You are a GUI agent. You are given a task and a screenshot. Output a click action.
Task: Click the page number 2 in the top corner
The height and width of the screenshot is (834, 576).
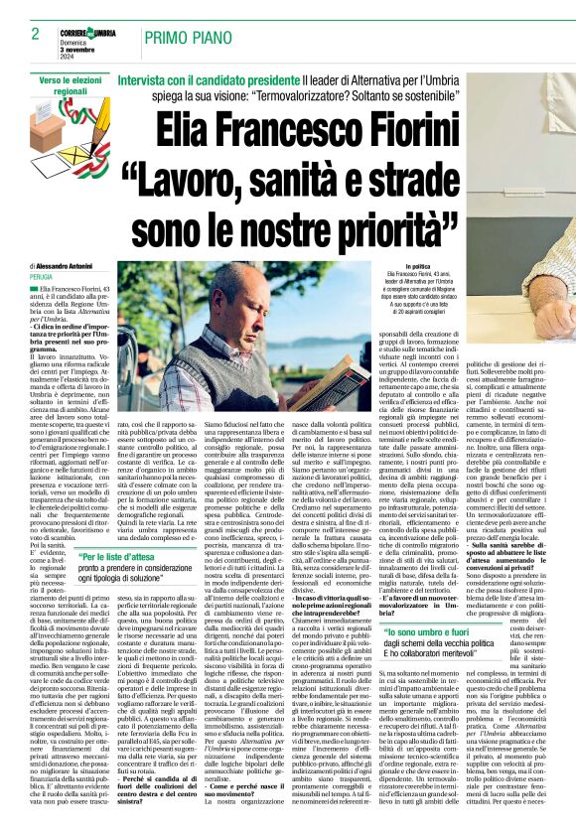click(21, 35)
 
